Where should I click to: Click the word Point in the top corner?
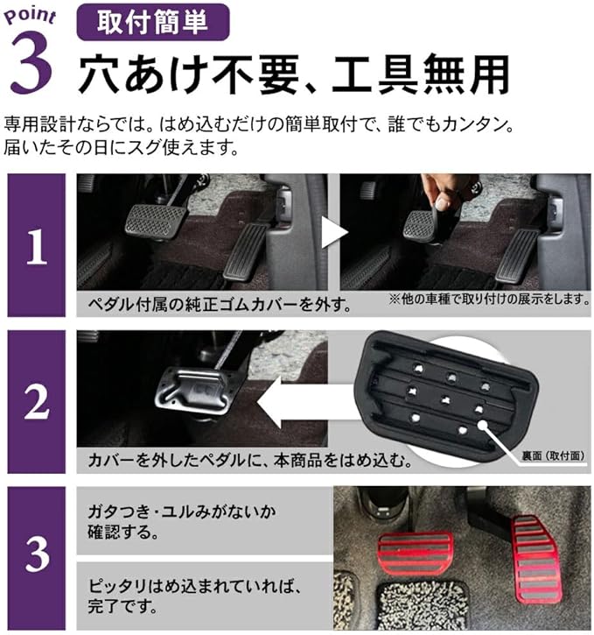[30, 16]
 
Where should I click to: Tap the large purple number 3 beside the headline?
[31, 62]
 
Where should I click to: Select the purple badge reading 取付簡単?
[153, 22]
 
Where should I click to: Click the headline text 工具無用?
[421, 75]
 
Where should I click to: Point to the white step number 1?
[37, 246]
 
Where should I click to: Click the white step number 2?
[37, 401]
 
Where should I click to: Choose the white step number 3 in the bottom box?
[37, 554]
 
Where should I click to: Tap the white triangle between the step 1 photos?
[334, 232]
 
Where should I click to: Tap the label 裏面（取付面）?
[553, 456]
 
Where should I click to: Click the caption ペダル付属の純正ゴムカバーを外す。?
[220, 305]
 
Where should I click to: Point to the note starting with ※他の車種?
[489, 300]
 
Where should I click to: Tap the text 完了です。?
[122, 606]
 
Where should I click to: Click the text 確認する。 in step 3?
[123, 533]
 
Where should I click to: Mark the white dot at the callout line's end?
[482, 425]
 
